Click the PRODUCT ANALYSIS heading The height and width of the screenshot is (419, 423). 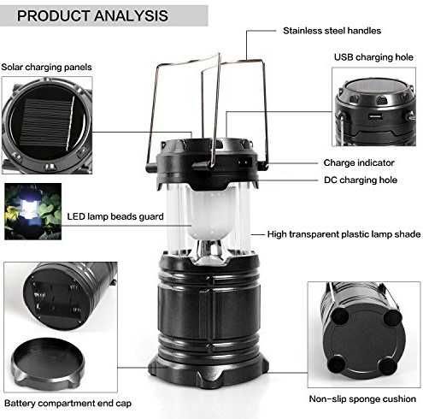(92, 15)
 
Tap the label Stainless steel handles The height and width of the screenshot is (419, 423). (332, 31)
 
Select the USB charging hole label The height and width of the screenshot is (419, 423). (373, 57)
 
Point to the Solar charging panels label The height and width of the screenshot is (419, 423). (46, 68)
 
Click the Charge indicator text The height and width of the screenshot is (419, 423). (359, 162)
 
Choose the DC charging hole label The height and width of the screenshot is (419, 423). (361, 180)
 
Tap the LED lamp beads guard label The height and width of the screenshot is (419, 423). (115, 216)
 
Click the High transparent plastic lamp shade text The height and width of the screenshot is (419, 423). (344, 234)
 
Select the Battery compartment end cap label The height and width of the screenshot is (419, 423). (68, 404)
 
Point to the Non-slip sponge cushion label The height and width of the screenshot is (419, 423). (362, 398)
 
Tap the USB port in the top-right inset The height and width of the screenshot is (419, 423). (375, 116)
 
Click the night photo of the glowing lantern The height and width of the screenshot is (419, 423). (33, 211)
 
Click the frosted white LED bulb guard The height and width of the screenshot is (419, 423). (211, 213)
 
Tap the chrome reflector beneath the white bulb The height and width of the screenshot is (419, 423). (210, 251)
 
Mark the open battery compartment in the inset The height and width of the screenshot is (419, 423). (56, 298)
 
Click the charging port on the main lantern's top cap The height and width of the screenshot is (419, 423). (244, 163)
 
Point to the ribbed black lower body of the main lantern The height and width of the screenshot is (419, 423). (209, 310)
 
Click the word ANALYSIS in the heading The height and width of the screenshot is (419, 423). (131, 15)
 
